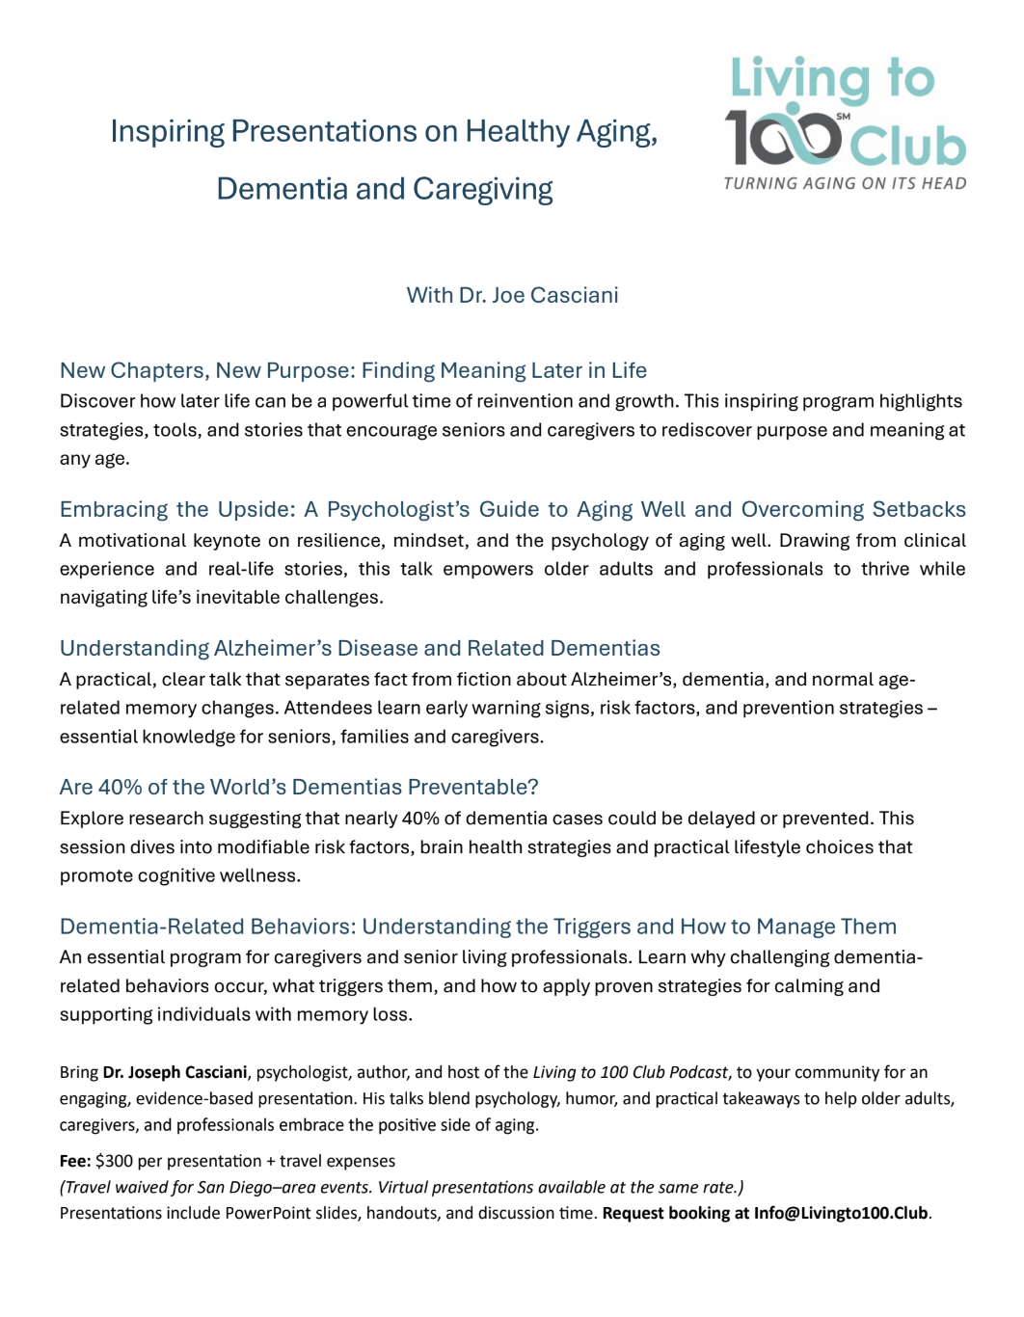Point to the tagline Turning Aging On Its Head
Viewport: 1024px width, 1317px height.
coord(845,183)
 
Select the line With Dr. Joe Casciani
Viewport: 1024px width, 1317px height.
coord(512,295)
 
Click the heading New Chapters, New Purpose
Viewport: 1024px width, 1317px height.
coord(353,370)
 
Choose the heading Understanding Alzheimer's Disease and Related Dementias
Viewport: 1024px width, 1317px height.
coord(360,648)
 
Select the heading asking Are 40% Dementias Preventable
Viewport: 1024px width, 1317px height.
coord(299,787)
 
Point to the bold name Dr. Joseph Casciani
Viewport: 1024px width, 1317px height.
coord(175,1072)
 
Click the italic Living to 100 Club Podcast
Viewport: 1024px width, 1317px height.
coord(630,1072)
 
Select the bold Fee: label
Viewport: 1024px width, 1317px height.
coord(75,1161)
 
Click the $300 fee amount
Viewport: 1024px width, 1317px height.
coord(114,1161)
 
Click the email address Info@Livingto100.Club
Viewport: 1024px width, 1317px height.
coord(841,1213)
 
